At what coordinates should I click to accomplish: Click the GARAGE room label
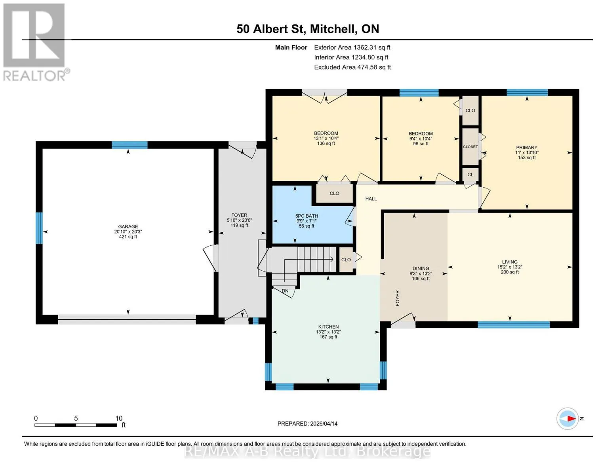pyautogui.click(x=128, y=226)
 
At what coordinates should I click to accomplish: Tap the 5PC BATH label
pyautogui.click(x=307, y=216)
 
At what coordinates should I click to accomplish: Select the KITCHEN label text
pyautogui.click(x=328, y=327)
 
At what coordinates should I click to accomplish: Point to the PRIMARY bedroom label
pyautogui.click(x=526, y=147)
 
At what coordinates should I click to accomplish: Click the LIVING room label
pyautogui.click(x=510, y=262)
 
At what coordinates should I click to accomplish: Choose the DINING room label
pyautogui.click(x=421, y=268)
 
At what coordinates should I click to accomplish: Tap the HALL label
pyautogui.click(x=371, y=199)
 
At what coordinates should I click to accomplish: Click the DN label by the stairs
pyautogui.click(x=285, y=291)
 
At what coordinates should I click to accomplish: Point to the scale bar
pyautogui.click(x=76, y=425)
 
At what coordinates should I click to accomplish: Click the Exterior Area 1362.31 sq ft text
pyautogui.click(x=352, y=47)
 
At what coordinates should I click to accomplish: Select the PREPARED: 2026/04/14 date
pyautogui.click(x=307, y=424)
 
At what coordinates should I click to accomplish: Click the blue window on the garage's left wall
pyautogui.click(x=39, y=228)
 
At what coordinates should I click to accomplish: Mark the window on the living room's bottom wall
pyautogui.click(x=514, y=325)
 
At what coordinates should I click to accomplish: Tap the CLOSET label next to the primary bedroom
pyautogui.click(x=470, y=147)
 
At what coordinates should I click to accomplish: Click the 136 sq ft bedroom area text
pyautogui.click(x=326, y=143)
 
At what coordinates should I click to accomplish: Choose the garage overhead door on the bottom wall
pyautogui.click(x=127, y=319)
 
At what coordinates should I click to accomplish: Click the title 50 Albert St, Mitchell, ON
pyautogui.click(x=308, y=29)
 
